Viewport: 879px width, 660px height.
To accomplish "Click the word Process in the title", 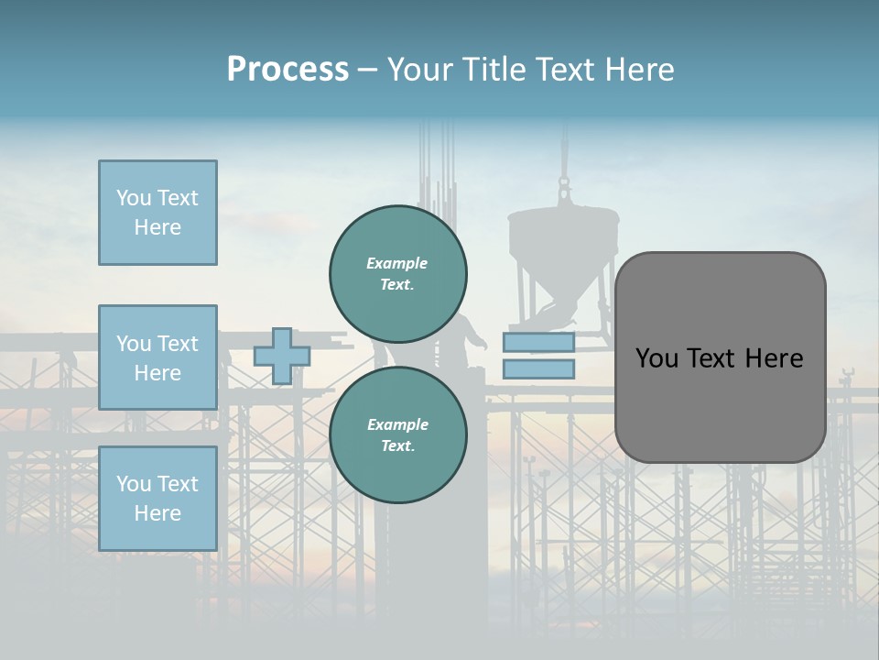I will [x=288, y=70].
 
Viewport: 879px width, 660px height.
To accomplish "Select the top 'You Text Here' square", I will [x=157, y=213].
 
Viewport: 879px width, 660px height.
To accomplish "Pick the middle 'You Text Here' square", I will [x=157, y=357].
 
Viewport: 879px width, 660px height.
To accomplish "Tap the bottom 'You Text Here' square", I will [x=157, y=498].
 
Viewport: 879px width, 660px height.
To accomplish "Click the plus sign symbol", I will [x=281, y=356].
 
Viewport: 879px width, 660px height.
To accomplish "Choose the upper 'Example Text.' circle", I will [x=397, y=274].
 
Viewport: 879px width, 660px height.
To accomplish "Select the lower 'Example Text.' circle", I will [x=397, y=435].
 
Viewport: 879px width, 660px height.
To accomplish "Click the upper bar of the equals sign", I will [x=538, y=343].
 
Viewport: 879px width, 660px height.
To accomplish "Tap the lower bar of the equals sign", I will [x=538, y=369].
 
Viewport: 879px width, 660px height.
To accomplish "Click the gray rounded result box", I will [x=720, y=403].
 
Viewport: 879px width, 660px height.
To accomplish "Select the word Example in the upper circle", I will [x=396, y=263].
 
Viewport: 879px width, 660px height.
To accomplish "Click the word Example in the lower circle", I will [x=397, y=424].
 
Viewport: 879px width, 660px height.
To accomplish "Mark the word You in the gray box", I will [x=657, y=358].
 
